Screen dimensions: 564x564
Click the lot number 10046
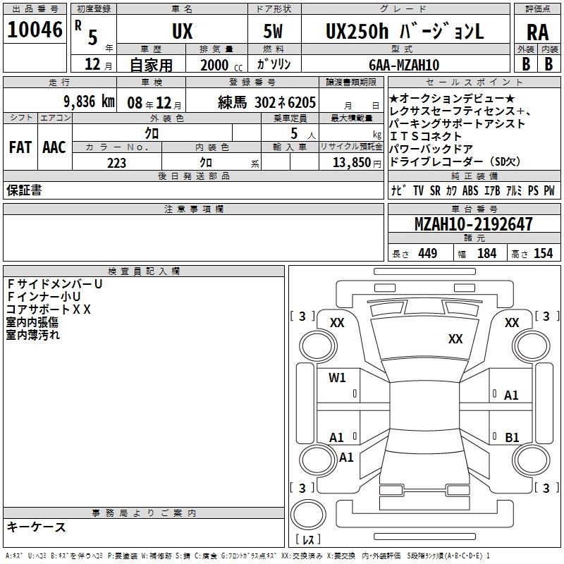tap(35, 30)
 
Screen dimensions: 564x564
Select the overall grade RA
tap(538, 32)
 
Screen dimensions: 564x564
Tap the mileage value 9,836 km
tap(90, 102)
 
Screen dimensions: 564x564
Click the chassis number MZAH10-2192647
tap(474, 223)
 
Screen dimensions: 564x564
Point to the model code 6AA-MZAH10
tap(404, 65)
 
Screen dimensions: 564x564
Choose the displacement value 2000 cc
tap(221, 65)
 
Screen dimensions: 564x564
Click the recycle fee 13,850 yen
tap(357, 163)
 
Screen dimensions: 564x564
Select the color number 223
tap(116, 163)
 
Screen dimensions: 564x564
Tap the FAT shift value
tap(20, 147)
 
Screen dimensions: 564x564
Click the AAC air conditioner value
tap(54, 147)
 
